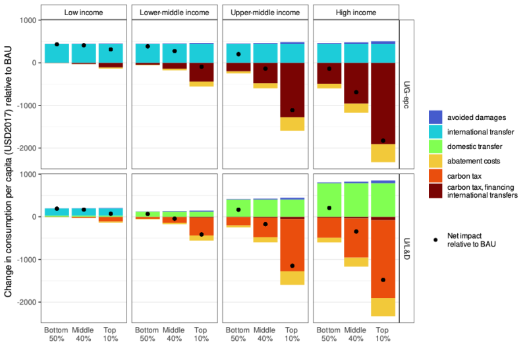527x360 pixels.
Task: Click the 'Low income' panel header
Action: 83,13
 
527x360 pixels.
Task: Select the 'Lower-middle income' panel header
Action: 174,13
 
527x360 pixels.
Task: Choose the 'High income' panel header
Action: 356,13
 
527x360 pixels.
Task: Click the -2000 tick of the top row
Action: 24,148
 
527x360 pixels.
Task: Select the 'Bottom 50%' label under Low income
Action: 57,334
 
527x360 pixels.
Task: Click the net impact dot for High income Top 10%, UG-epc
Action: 383,140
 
